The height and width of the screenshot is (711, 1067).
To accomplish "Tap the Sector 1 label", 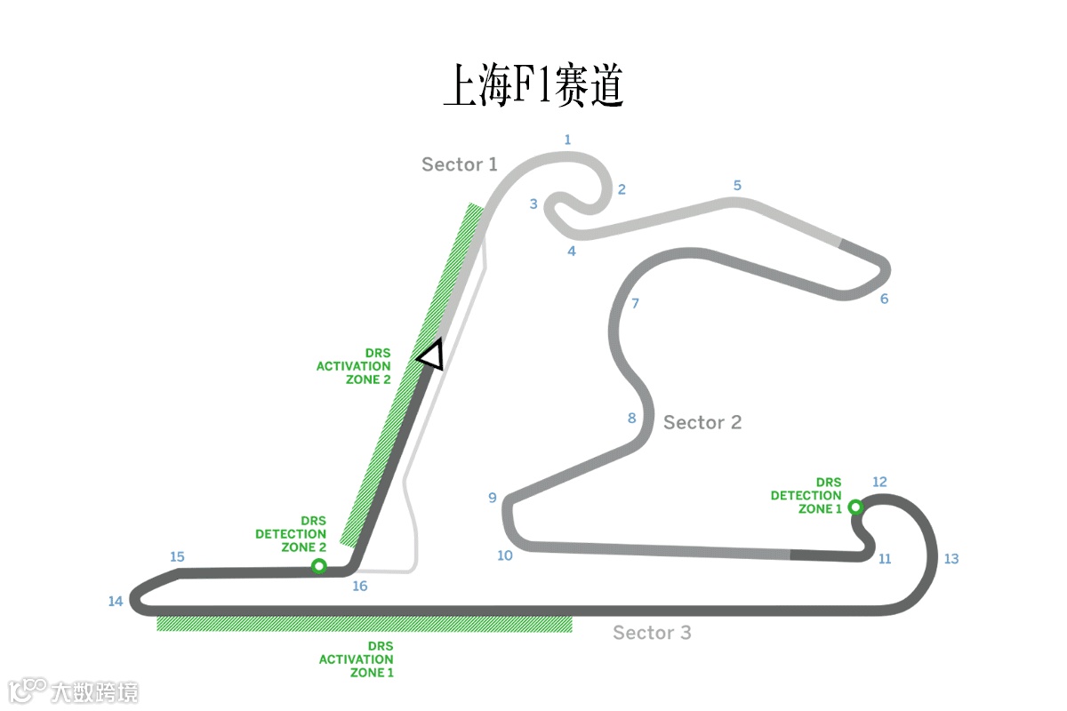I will pyautogui.click(x=459, y=164).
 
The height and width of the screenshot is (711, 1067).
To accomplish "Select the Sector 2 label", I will pyautogui.click(x=702, y=422).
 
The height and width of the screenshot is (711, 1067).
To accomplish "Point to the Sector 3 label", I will pyautogui.click(x=652, y=633).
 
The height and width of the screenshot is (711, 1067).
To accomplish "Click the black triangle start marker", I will pyautogui.click(x=431, y=355).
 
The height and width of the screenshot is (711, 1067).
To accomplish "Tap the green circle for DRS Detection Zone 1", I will pyautogui.click(x=855, y=507).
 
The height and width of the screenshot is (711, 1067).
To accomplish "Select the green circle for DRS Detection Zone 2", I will pyautogui.click(x=318, y=566).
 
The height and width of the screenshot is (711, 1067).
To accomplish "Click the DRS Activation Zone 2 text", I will pyautogui.click(x=354, y=366).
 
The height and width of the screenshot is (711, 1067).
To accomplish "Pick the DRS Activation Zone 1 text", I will pyautogui.click(x=357, y=659).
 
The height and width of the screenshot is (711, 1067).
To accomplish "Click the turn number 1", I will pyautogui.click(x=567, y=140).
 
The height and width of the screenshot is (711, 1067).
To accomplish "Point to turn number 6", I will pyautogui.click(x=884, y=300).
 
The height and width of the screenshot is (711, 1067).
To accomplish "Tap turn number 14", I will pyautogui.click(x=116, y=602).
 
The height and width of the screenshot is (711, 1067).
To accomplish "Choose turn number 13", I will pyautogui.click(x=951, y=559).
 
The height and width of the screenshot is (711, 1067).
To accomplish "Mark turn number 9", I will pyautogui.click(x=493, y=499).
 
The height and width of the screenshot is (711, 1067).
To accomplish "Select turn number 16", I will pyautogui.click(x=360, y=587).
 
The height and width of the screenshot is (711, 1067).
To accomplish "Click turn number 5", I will pyautogui.click(x=737, y=186).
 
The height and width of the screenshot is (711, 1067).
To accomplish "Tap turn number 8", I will pyautogui.click(x=632, y=419).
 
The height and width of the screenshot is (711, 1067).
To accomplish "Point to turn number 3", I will pyautogui.click(x=533, y=204).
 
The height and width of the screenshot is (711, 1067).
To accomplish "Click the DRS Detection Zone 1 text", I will pyautogui.click(x=806, y=496).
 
